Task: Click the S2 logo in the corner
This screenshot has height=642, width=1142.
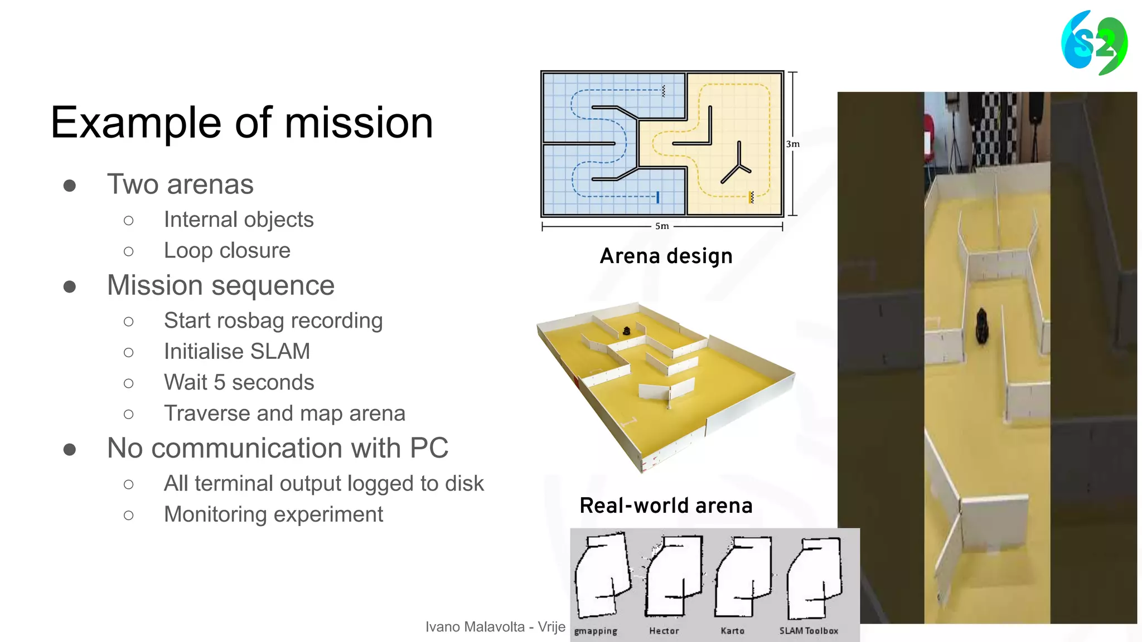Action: [x=1094, y=43]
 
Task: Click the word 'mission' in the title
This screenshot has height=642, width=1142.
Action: [x=359, y=123]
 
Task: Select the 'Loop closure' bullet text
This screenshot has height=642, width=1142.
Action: [x=227, y=251]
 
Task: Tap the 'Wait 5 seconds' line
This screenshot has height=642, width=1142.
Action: [x=239, y=383]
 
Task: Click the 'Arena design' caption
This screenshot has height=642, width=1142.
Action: [x=666, y=256]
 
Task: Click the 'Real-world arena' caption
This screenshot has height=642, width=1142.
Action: [x=666, y=505]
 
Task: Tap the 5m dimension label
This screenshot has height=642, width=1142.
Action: [x=662, y=226]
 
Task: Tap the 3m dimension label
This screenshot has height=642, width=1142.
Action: [x=792, y=144]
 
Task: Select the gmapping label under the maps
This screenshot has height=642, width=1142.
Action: [x=596, y=631]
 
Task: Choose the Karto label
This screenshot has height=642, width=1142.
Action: [x=732, y=631]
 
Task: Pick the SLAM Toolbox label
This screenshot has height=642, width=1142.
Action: [x=808, y=631]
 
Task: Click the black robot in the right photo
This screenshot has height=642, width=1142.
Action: [x=982, y=326]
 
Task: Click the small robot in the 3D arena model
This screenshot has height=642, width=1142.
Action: [x=626, y=331]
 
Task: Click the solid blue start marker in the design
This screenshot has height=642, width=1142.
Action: [x=658, y=197]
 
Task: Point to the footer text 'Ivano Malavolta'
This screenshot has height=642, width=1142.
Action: [x=475, y=627]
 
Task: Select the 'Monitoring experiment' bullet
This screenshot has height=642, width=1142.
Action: [x=273, y=514]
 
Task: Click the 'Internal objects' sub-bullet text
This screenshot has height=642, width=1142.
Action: [x=239, y=220]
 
